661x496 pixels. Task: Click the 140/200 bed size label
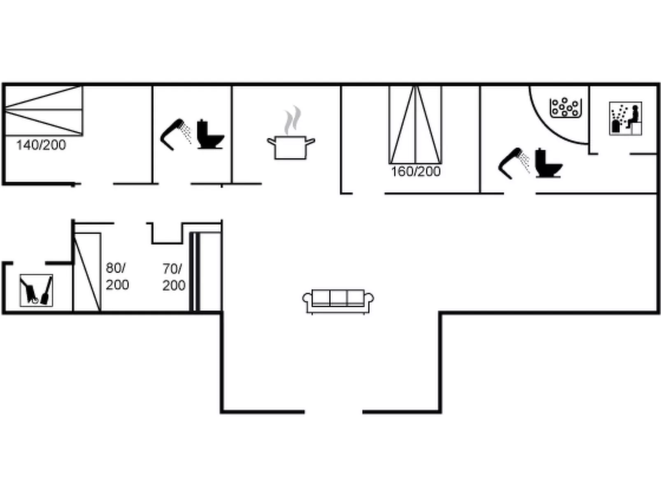(41, 145)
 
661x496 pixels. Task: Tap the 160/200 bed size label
(416, 171)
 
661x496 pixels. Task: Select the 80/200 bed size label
(117, 276)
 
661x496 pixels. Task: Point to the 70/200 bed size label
(173, 277)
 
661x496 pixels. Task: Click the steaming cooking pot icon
(291, 147)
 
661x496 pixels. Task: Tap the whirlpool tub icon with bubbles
(566, 108)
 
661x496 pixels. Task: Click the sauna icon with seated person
(625, 119)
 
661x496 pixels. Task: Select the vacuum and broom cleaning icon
(36, 290)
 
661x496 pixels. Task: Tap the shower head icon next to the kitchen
(175, 134)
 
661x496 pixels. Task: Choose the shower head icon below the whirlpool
(513, 163)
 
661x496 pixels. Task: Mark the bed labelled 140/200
(43, 110)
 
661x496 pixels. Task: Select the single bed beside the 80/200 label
(87, 272)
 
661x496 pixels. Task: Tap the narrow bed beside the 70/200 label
(194, 272)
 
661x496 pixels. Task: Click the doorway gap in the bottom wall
(333, 411)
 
